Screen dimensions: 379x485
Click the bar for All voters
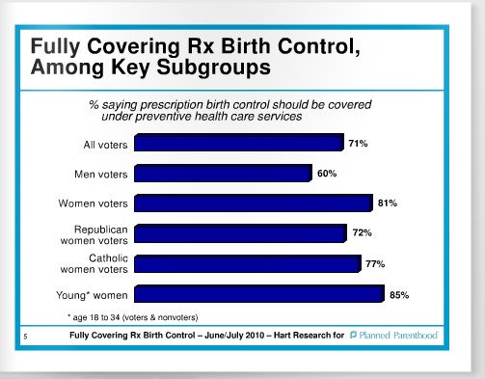(x=238, y=144)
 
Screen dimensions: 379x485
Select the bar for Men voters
(x=223, y=174)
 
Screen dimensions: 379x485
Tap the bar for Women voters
(x=253, y=203)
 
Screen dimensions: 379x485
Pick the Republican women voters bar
(x=240, y=233)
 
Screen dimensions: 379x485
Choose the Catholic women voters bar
(x=247, y=263)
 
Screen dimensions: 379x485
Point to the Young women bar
(x=258, y=294)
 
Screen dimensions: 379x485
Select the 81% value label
(x=388, y=203)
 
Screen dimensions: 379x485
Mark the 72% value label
(x=362, y=233)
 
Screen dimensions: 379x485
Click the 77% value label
(x=376, y=263)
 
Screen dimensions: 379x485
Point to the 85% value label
(x=399, y=294)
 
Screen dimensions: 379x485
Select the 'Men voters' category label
(x=100, y=175)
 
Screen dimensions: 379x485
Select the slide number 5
(x=25, y=336)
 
